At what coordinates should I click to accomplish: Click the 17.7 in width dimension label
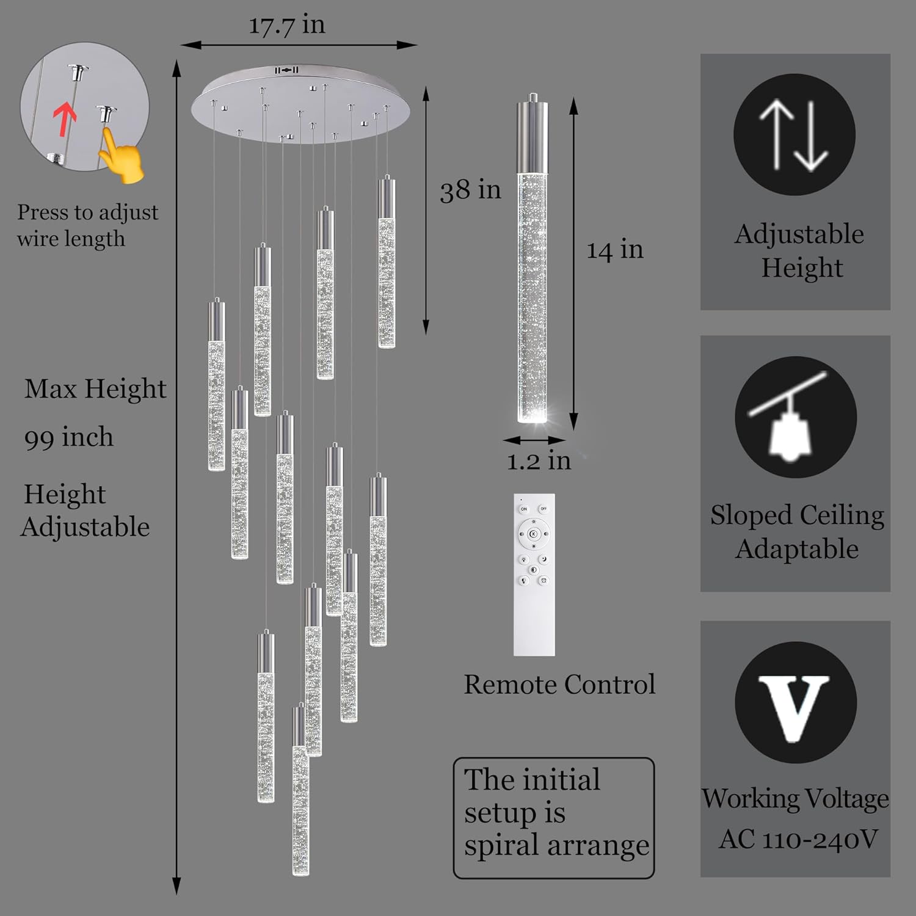tap(286, 25)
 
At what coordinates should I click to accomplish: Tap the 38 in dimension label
tap(470, 190)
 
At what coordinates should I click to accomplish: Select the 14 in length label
tap(615, 250)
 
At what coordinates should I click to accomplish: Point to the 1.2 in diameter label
tap(539, 460)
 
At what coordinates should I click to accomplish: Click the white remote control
tap(534, 575)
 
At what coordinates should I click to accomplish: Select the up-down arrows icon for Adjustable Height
tap(794, 135)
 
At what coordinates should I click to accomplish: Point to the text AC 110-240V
tap(798, 839)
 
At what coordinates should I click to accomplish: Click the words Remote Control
tap(559, 685)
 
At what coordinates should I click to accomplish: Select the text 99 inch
tap(69, 438)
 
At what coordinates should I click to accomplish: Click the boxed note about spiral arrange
tap(554, 818)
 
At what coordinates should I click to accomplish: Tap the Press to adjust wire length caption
tap(87, 225)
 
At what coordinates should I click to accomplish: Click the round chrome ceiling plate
tap(301, 104)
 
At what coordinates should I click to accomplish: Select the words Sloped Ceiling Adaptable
tap(797, 532)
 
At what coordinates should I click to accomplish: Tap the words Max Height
tap(95, 389)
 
